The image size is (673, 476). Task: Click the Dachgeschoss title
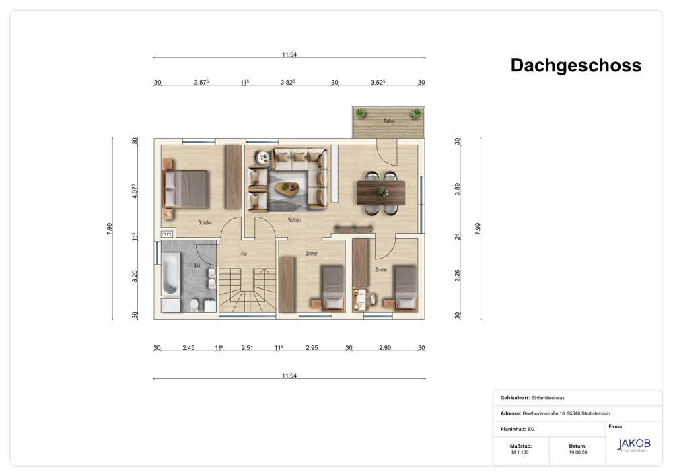pos(575,66)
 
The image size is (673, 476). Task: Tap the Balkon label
pos(389,121)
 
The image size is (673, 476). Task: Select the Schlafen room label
pos(205,222)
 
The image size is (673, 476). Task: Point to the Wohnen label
pos(294,219)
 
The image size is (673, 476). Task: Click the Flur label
pos(244,254)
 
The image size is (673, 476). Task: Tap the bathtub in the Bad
pos(170,273)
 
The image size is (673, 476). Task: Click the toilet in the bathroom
pos(194,305)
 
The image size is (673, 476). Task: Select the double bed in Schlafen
pos(186,189)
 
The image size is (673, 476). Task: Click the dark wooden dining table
pos(381,193)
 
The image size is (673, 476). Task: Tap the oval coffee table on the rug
pos(287,188)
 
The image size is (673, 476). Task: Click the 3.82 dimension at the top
pos(287,82)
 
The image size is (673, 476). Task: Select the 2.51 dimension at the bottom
pos(247,347)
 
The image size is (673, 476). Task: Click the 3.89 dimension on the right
pos(457,189)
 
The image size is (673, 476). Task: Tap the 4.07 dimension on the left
pos(135,191)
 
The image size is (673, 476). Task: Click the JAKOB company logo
pos(634,445)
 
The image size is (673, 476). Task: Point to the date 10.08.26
pos(577,452)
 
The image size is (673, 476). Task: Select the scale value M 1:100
pos(520,452)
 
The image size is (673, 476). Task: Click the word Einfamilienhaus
pos(548,398)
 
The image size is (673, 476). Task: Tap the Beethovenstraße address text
pos(566,413)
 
